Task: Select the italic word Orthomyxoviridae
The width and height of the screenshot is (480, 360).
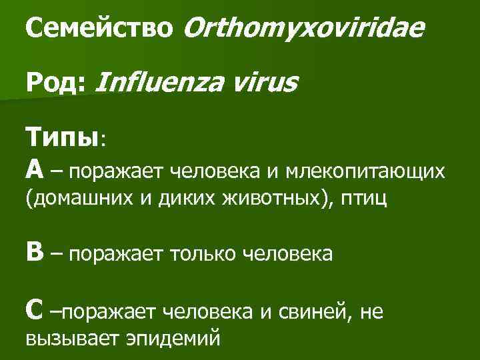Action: click(x=303, y=30)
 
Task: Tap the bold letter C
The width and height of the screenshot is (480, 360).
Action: click(x=35, y=309)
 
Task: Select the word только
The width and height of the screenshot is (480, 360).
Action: click(x=202, y=254)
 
